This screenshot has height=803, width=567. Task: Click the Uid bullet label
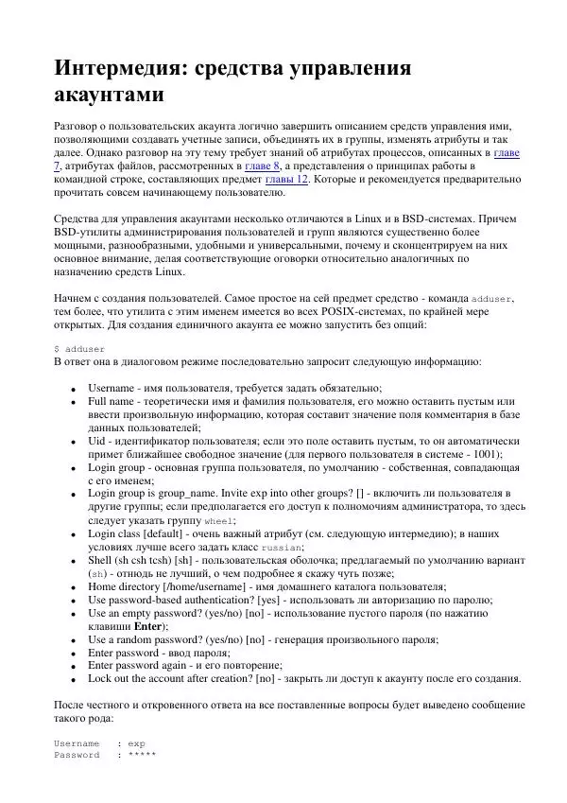(x=97, y=441)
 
